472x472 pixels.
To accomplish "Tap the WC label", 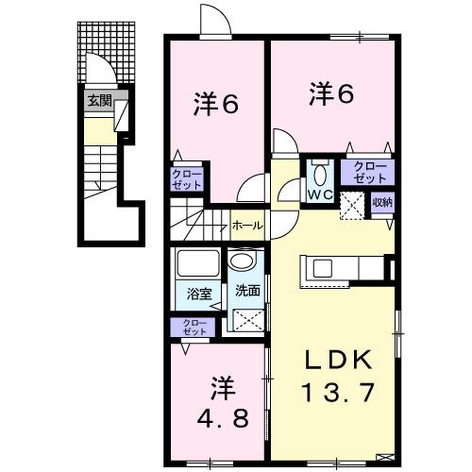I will click(x=318, y=195).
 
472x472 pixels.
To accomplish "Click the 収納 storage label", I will click(x=381, y=202).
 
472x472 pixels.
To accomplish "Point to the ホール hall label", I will click(x=247, y=227).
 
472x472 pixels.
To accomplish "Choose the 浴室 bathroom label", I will click(x=197, y=293).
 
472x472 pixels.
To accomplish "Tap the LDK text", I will click(x=330, y=359).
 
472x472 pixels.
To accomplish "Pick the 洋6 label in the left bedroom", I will click(x=216, y=103).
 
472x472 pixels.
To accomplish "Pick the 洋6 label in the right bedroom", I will click(x=331, y=94).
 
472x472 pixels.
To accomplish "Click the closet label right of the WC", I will click(x=370, y=172).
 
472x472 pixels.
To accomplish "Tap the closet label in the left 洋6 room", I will click(x=185, y=178).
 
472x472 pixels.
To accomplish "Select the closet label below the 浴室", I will click(x=194, y=328).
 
